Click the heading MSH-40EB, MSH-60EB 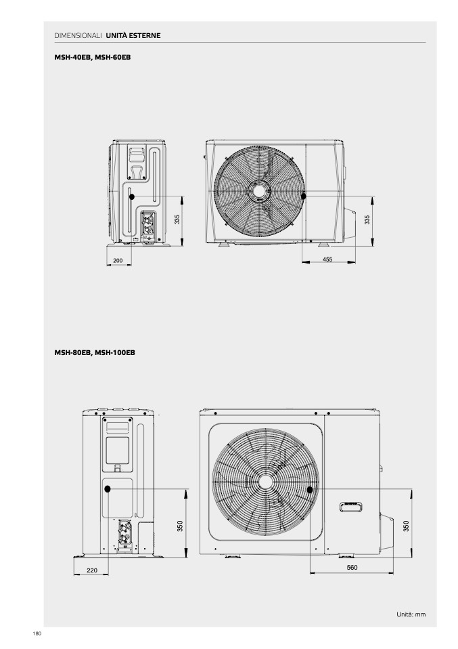[93, 57]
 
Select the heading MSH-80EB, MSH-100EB [95, 353]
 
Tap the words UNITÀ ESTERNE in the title [133, 36]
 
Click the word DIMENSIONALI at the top [78, 36]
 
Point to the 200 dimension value [118, 260]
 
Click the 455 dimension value [327, 259]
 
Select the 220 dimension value [92, 570]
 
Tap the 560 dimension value [352, 568]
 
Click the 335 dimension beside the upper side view [177, 219]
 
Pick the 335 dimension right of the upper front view [367, 219]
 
